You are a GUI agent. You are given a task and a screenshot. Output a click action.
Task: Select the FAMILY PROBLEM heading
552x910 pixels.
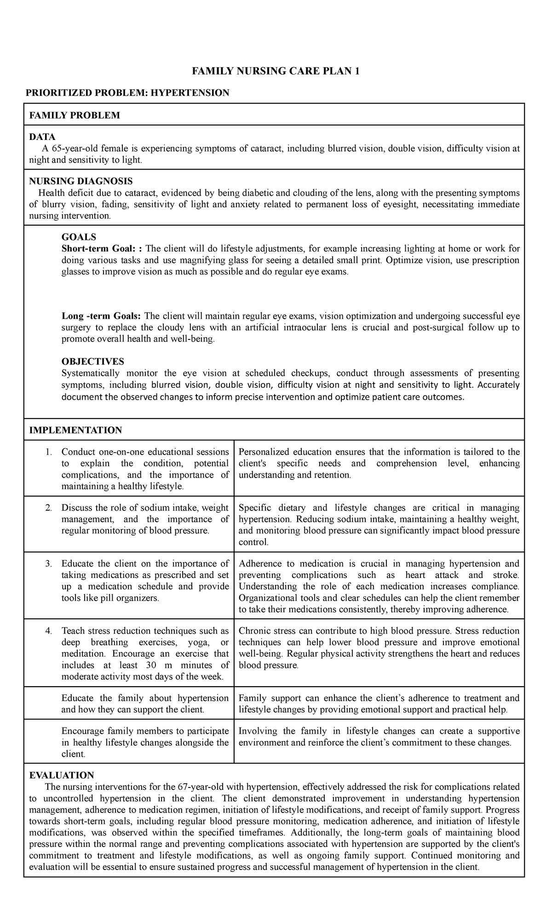coord(75,115)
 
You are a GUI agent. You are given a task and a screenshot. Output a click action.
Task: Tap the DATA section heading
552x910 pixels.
coord(42,137)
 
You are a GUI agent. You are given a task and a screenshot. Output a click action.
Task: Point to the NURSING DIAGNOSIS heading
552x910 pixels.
coord(80,181)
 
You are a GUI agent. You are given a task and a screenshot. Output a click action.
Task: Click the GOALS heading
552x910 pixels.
coord(79,237)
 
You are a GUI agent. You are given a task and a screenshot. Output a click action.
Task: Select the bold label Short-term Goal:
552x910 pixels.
coord(102,249)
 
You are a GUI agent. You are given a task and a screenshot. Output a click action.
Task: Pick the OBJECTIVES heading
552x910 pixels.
coord(92,362)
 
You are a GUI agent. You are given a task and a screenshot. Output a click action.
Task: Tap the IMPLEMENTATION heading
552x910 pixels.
coord(75,430)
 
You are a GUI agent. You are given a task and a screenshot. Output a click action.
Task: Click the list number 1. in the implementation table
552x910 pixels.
coord(49,452)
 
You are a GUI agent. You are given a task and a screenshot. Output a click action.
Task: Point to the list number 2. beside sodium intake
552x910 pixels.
coord(49,507)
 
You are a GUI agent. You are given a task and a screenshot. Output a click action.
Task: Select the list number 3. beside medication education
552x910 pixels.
coord(49,564)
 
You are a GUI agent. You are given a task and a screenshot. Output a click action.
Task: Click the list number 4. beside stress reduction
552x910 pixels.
coord(49,631)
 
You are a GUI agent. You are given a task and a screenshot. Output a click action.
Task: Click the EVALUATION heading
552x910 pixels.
coord(61,775)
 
